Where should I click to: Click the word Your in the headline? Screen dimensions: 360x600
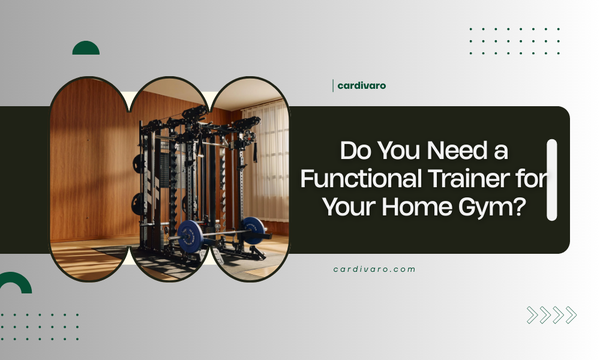pyautogui.click(x=349, y=208)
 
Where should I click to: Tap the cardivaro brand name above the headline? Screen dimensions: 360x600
pyautogui.click(x=361, y=86)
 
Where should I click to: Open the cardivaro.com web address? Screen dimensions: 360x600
pyautogui.click(x=374, y=269)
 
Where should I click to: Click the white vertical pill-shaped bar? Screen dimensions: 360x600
pyautogui.click(x=552, y=180)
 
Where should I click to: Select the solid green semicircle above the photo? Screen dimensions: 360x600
pyautogui.click(x=86, y=49)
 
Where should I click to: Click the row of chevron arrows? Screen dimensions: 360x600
pyautogui.click(x=551, y=315)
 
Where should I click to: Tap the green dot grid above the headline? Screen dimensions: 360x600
pyautogui.click(x=515, y=41)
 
